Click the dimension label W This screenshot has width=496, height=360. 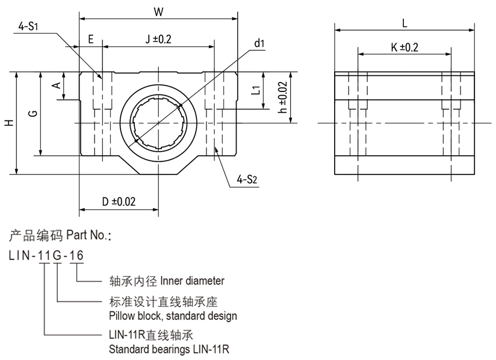pos(158,11)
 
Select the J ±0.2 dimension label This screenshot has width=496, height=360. pos(158,40)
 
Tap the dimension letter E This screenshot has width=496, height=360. pos(91,40)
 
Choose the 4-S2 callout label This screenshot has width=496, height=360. pos(247,179)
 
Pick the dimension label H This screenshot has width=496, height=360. pos(8,123)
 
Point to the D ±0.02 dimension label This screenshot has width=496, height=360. pos(119,202)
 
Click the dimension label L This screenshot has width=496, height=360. pos(405,23)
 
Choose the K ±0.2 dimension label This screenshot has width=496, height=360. pos(404,47)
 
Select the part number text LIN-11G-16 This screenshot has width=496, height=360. pos(46,256)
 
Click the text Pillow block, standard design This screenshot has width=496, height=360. pos(173,316)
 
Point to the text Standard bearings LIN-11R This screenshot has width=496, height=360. pos(169,349)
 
